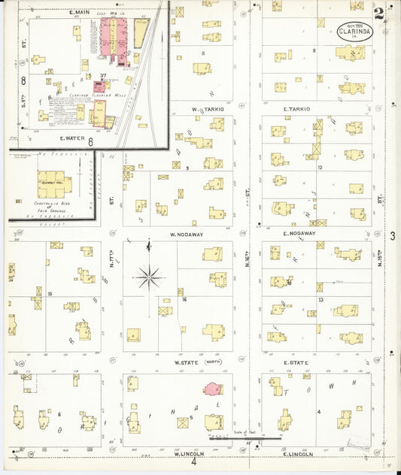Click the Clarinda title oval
352,32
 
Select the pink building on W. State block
213,389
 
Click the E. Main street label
80,13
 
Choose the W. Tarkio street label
204,109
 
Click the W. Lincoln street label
190,454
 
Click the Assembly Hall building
55,183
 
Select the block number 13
320,299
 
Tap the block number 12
320,167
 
